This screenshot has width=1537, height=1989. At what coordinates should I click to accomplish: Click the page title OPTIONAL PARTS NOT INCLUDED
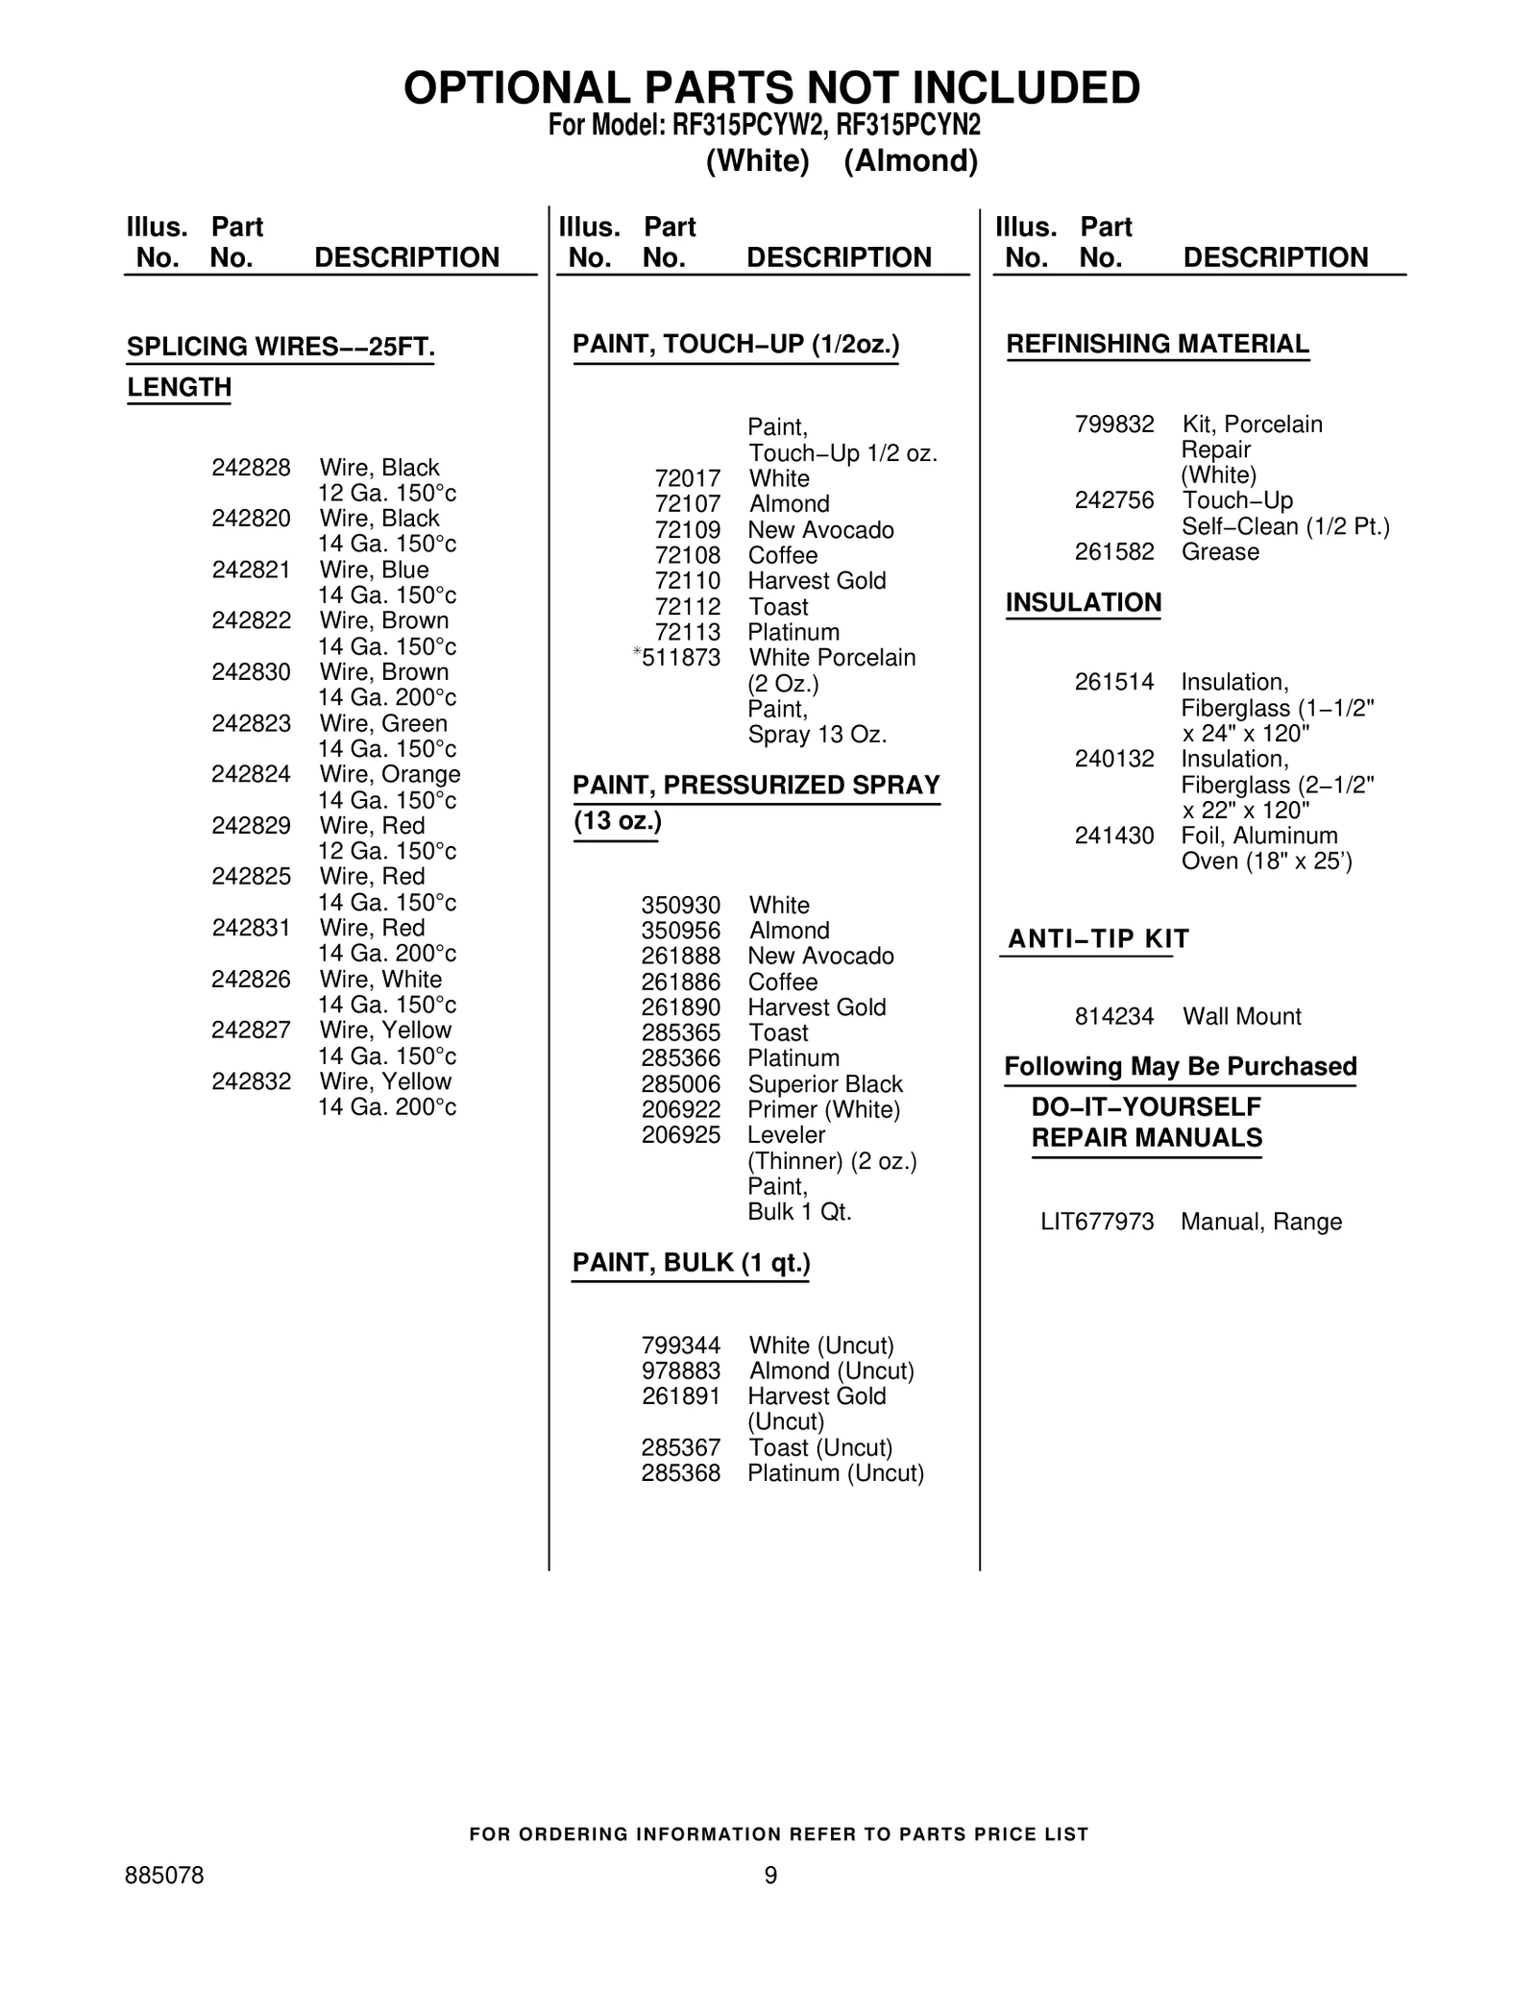(771, 88)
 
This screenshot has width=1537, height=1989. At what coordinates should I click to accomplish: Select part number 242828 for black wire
(251, 468)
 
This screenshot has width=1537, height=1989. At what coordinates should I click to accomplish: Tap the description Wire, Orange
(389, 774)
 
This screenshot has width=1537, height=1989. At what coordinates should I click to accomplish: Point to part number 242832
(251, 1081)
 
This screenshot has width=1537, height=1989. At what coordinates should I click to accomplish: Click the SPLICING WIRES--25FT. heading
(281, 347)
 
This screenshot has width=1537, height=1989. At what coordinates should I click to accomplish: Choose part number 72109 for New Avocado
(687, 530)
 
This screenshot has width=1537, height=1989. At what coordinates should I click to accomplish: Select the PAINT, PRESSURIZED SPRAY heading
(756, 786)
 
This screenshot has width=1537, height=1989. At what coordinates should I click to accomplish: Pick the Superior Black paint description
(825, 1084)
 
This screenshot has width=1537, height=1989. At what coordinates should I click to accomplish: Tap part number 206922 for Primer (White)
(680, 1110)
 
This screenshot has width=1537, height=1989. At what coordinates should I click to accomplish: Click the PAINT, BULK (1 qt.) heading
(691, 1263)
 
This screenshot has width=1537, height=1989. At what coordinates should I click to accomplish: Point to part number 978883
(680, 1371)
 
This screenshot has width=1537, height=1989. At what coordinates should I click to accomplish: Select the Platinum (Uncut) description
(836, 1473)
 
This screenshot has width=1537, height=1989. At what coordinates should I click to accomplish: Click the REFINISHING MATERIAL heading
(1157, 344)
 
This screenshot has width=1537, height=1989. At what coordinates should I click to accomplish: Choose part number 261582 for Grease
(1114, 552)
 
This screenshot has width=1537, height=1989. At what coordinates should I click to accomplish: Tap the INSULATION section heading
(1083, 602)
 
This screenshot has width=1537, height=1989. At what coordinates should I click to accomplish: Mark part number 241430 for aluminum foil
(1114, 836)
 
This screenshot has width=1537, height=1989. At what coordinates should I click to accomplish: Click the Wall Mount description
(1241, 1016)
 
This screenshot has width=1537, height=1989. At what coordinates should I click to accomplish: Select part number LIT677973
(1097, 1222)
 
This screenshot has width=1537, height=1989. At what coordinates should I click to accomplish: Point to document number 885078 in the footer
(164, 1876)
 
